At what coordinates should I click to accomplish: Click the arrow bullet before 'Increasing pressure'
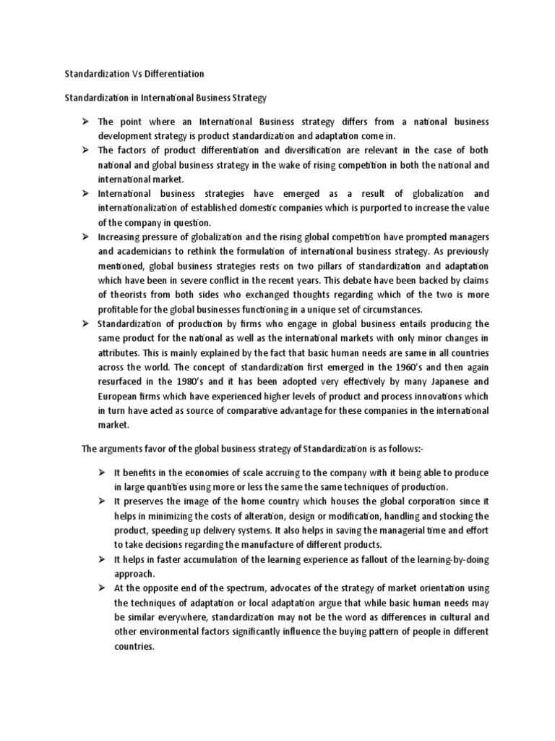[x=85, y=237]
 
